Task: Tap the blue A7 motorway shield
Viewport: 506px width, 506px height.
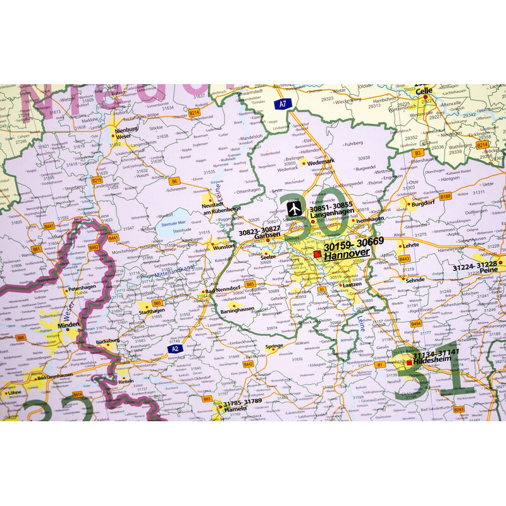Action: point(282,103)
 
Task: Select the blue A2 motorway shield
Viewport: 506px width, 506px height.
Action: point(175,347)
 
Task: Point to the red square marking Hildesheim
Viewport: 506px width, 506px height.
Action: point(409,362)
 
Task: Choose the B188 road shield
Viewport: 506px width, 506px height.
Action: point(445,196)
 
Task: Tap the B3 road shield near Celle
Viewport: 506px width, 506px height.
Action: point(417,152)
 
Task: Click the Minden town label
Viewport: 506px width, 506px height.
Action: point(69,324)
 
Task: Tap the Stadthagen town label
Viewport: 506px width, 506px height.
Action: point(151,311)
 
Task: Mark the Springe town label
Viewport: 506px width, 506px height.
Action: point(274,346)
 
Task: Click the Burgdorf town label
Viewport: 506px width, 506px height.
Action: point(423,204)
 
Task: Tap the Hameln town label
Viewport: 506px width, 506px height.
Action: point(235,409)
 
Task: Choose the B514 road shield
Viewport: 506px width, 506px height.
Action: point(78,394)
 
